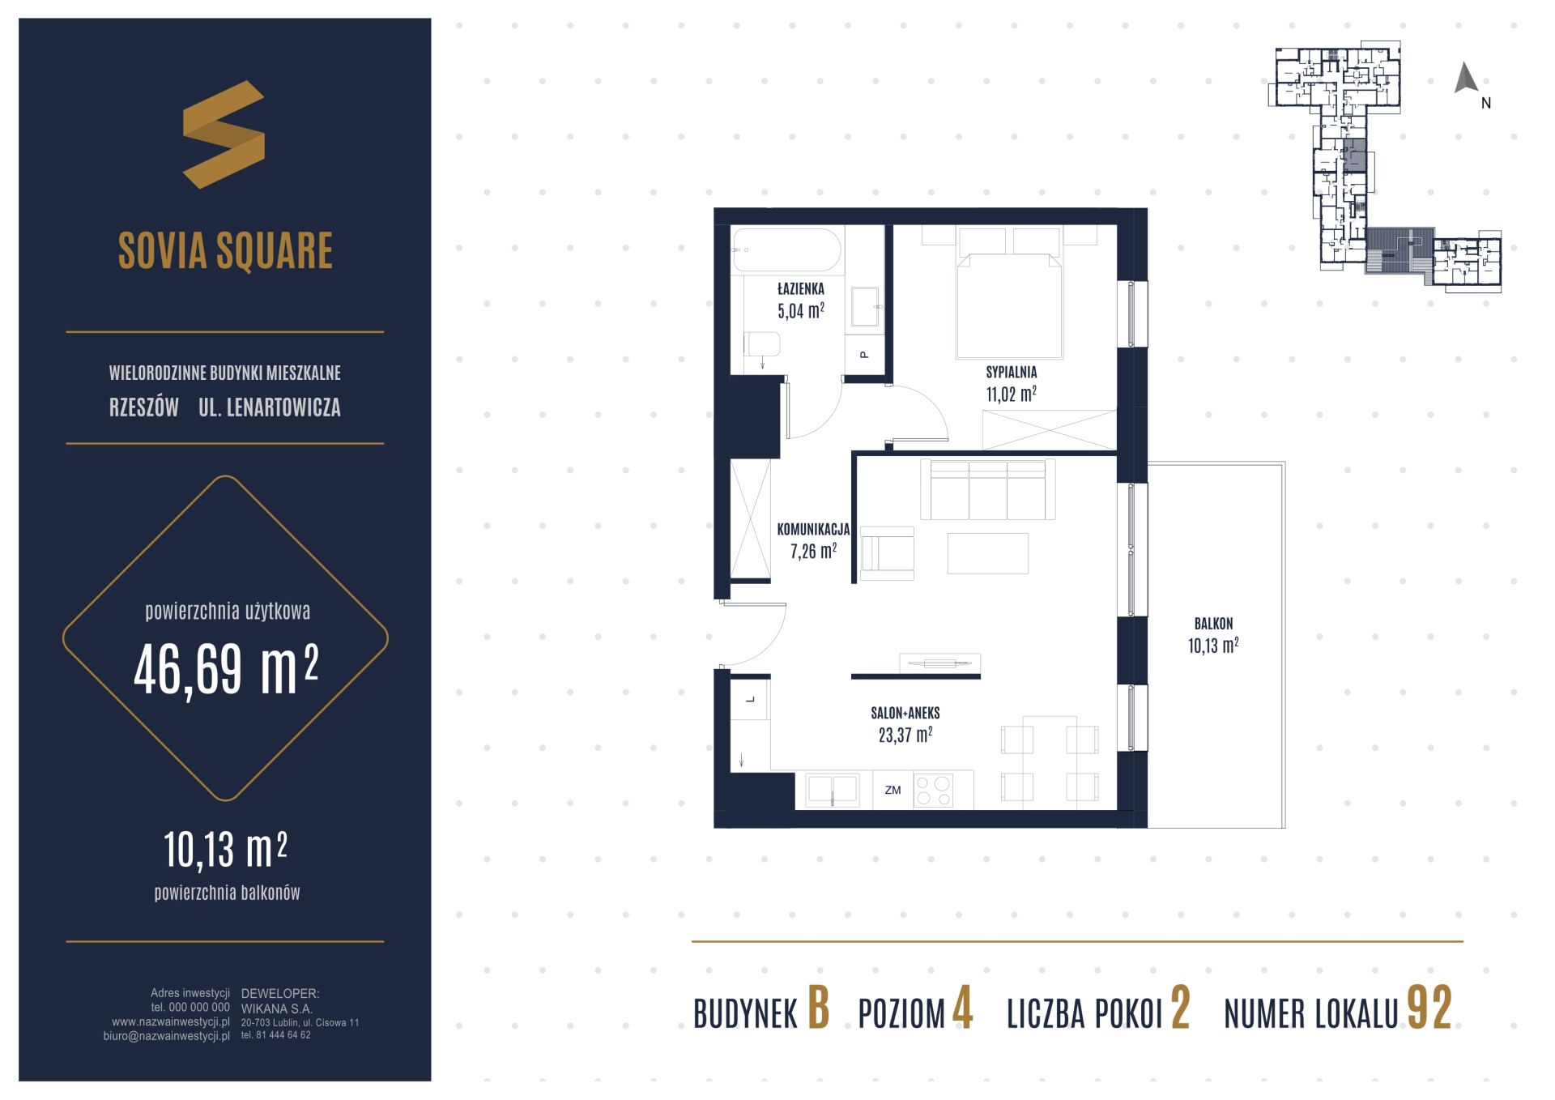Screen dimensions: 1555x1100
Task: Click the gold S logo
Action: coord(224,134)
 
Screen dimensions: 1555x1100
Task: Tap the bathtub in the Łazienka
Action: coord(787,250)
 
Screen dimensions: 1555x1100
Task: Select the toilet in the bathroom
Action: coord(762,344)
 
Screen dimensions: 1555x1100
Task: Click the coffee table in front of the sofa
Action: coord(987,553)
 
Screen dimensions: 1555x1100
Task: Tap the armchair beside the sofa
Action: coord(887,553)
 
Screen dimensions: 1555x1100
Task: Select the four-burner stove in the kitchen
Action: coord(933,791)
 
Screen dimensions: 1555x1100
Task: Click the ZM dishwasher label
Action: coord(893,790)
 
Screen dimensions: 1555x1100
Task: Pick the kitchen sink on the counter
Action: coord(832,790)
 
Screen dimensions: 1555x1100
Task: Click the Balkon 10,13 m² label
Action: coord(1213,635)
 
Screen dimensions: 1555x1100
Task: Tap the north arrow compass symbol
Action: coord(1466,79)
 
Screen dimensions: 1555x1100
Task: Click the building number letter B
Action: coord(819,1008)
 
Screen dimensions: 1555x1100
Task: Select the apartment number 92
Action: coord(1429,1008)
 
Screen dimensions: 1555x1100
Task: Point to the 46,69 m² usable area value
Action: coord(226,671)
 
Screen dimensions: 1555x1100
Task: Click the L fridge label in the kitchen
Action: coord(751,700)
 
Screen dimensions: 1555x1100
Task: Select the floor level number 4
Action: coord(962,1008)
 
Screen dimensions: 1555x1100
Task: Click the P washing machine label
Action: coord(864,355)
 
